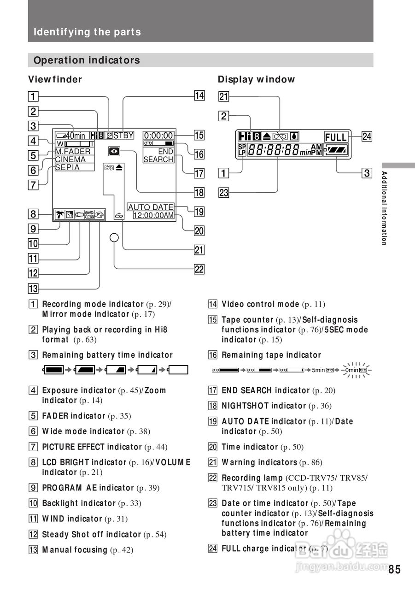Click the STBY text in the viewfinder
pyautogui.click(x=123, y=136)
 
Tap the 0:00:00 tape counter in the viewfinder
pyautogui.click(x=158, y=136)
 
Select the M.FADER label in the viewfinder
pyautogui.click(x=73, y=152)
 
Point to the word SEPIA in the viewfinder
pyautogui.click(x=67, y=168)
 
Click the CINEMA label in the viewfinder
pyautogui.click(x=70, y=159)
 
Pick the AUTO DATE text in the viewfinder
pyautogui.click(x=151, y=207)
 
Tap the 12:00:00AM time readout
pyautogui.click(x=153, y=215)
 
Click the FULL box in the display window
pyautogui.click(x=336, y=137)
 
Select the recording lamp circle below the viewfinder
pyautogui.click(x=115, y=238)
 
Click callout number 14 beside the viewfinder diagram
pyautogui.click(x=199, y=96)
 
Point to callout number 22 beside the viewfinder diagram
pyautogui.click(x=199, y=269)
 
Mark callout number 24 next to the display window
pyautogui.click(x=367, y=136)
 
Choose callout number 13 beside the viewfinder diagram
pyautogui.click(x=33, y=289)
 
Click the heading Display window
pyautogui.click(x=256, y=79)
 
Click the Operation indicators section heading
pyautogui.click(x=87, y=60)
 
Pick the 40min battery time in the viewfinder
pyautogui.click(x=75, y=136)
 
